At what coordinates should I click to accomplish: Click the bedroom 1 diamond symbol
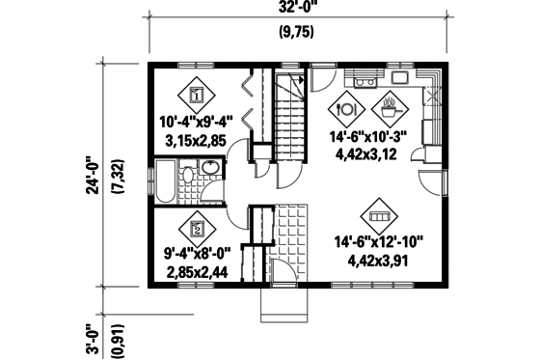click(x=196, y=95)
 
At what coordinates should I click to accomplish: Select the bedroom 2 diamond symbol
click(x=196, y=229)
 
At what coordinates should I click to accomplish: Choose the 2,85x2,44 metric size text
click(x=196, y=273)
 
